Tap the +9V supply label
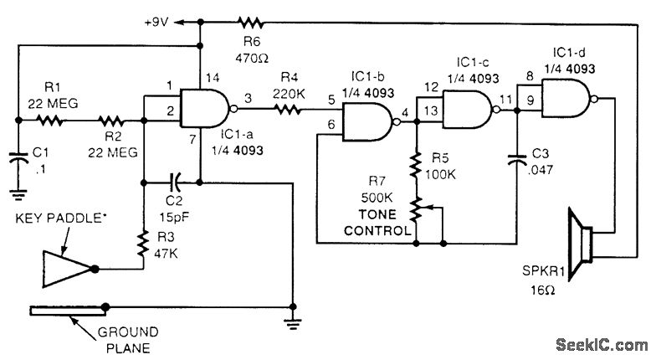click(x=156, y=22)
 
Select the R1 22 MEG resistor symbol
click(x=50, y=121)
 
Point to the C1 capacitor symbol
click(x=18, y=160)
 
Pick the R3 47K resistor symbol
click(x=143, y=243)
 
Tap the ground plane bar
click(x=69, y=311)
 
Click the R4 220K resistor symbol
click(x=288, y=110)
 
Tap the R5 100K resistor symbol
click(x=416, y=166)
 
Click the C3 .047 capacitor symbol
click(x=517, y=161)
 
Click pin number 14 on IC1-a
click(x=213, y=77)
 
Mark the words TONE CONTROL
click(x=377, y=223)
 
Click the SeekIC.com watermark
click(x=602, y=345)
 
